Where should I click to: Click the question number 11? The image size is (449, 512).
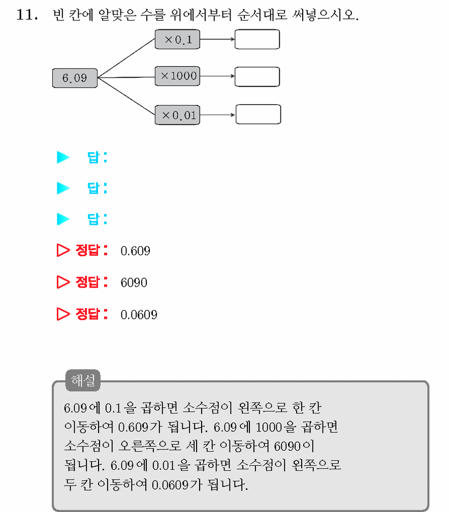click(27, 15)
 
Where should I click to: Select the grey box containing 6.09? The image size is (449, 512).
click(75, 78)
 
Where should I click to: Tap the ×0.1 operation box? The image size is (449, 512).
click(177, 40)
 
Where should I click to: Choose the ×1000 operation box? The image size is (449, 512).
click(177, 76)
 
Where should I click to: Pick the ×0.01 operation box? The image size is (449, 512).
click(177, 115)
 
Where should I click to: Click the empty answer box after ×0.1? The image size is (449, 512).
click(257, 40)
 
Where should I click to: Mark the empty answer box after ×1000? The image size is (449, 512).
click(257, 77)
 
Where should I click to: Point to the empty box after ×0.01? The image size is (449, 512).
click(258, 114)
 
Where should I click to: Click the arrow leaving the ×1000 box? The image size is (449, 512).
click(217, 76)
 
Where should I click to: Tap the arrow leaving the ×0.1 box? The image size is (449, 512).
click(217, 39)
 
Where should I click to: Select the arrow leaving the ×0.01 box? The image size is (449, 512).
click(217, 115)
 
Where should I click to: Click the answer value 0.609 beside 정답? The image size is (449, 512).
click(135, 251)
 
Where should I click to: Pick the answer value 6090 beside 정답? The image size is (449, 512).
click(134, 283)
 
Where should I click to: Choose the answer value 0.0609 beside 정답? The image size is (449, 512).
click(139, 315)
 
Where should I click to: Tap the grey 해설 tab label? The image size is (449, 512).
click(83, 381)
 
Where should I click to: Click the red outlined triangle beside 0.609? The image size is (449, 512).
click(63, 251)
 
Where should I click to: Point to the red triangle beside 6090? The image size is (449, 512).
click(63, 282)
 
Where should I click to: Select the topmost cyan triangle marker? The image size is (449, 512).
click(63, 157)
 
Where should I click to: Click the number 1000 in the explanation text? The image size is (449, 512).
click(269, 427)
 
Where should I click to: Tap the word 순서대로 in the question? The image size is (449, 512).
click(263, 15)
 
